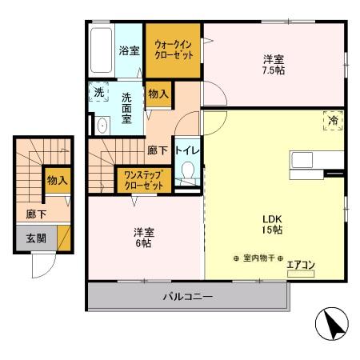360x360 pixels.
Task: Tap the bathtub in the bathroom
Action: (x=101, y=50)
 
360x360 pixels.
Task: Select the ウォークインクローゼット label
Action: (x=172, y=50)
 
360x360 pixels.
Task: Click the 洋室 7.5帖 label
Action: (x=274, y=64)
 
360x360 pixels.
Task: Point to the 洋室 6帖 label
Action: (x=144, y=238)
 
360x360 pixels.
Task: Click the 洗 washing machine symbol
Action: (x=98, y=93)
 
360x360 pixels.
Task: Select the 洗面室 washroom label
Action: (x=127, y=108)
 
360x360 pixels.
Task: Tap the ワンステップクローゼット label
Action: (x=144, y=179)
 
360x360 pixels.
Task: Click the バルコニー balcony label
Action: (x=188, y=298)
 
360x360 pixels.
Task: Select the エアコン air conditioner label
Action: (x=301, y=265)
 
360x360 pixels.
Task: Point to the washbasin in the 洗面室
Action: (x=102, y=126)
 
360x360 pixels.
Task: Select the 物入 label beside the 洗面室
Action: (x=158, y=94)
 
